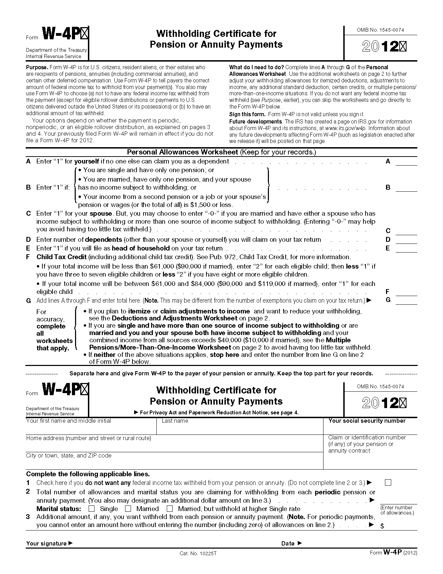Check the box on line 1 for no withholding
(388, 483)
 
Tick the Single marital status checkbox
(92, 509)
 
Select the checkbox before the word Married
(128, 509)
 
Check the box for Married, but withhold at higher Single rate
(170, 509)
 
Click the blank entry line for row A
(406, 162)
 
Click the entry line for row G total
(406, 301)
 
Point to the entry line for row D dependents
(406, 241)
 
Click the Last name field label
(175, 421)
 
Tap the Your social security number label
(367, 421)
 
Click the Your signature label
(47, 543)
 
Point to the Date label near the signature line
(288, 543)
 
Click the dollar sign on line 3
(382, 526)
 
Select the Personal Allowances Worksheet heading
(182, 152)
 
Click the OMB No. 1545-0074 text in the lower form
(380, 386)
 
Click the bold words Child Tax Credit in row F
(61, 257)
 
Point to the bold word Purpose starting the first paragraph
(37, 67)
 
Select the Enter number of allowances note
(397, 510)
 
